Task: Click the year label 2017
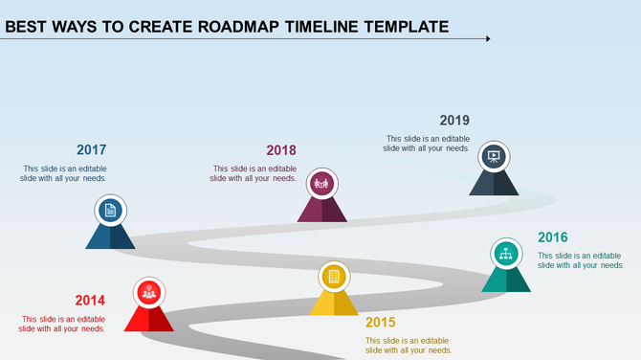click(91, 150)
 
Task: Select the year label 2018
click(281, 150)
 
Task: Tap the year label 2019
click(454, 121)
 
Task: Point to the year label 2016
click(553, 237)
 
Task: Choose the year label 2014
click(90, 300)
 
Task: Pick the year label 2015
click(380, 322)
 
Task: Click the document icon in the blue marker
click(110, 211)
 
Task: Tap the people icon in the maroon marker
click(321, 182)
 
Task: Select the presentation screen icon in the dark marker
click(494, 156)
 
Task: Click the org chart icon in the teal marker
click(506, 254)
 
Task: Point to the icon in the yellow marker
click(334, 277)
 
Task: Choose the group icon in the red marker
click(148, 293)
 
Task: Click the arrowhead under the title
click(488, 39)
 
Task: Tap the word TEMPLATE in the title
click(406, 26)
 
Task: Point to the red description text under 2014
click(63, 324)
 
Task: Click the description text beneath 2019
click(426, 144)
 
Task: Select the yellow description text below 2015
click(409, 345)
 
